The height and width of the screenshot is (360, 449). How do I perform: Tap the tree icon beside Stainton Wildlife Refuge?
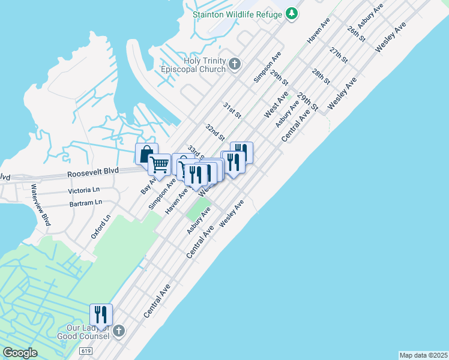[x=292, y=13]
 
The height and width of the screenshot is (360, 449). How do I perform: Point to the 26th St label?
[x=355, y=33]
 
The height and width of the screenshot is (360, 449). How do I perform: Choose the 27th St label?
[x=339, y=55]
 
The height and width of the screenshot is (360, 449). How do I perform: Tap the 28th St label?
[x=321, y=76]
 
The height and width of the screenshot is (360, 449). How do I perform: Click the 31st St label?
[x=232, y=110]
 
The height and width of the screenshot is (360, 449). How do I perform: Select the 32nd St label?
[x=214, y=132]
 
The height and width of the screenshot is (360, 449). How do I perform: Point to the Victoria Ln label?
[x=83, y=190]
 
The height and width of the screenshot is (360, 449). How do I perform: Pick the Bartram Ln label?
[x=85, y=203]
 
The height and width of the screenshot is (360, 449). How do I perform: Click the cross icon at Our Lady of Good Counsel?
[x=119, y=331]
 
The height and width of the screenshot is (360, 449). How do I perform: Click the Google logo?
[x=20, y=353]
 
